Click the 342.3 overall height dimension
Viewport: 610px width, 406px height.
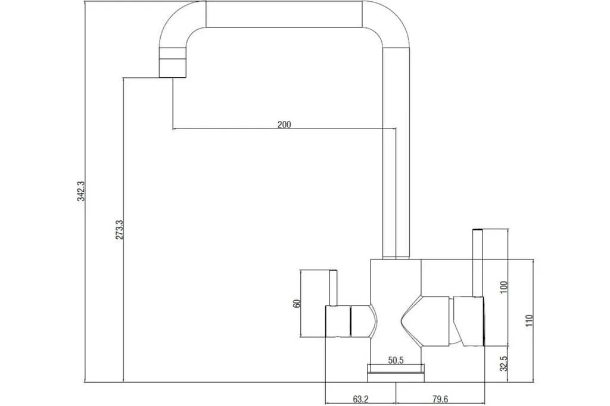click(x=81, y=190)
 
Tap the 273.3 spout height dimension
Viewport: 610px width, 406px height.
click(x=119, y=229)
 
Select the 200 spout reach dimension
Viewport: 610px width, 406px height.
click(x=284, y=124)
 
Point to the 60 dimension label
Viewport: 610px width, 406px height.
click(x=297, y=304)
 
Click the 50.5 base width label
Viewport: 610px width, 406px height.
click(x=396, y=361)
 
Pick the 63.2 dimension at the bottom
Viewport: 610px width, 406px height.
click(x=360, y=399)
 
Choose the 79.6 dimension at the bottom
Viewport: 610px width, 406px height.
click(x=440, y=399)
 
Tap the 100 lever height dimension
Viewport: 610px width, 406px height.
click(x=504, y=287)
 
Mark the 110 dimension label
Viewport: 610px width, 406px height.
click(x=529, y=320)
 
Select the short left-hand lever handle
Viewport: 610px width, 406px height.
click(x=333, y=288)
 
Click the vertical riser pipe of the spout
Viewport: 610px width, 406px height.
click(x=396, y=154)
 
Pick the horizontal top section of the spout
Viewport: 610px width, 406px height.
click(x=284, y=14)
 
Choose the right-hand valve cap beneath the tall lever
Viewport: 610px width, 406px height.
click(x=469, y=321)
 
